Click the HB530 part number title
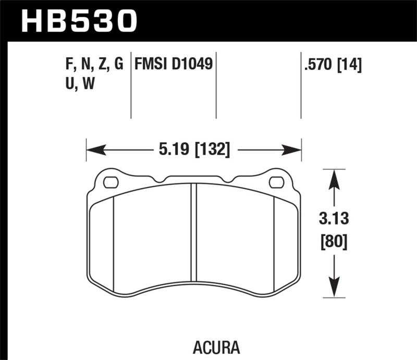(78, 21)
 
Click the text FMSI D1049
(173, 65)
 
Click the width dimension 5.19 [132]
(193, 151)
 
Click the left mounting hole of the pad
(111, 182)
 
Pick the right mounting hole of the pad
(276, 182)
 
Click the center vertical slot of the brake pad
(193, 232)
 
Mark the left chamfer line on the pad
(113, 240)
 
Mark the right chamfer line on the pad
(274, 240)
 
